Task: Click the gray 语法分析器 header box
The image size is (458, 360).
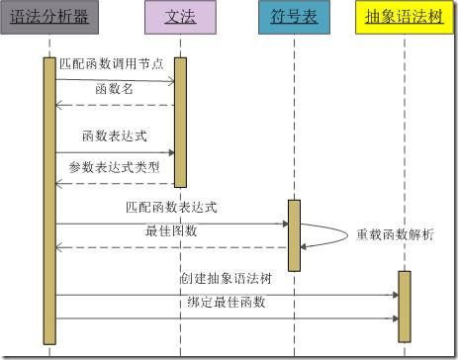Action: tap(49, 17)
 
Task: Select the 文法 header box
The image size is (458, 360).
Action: tap(178, 17)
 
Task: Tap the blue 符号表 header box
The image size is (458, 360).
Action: tap(293, 17)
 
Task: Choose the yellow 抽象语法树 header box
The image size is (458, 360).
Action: tap(403, 17)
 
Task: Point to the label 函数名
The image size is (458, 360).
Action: tap(113, 89)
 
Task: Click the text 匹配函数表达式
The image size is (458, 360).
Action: tap(172, 208)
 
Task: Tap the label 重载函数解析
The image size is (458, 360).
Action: tap(395, 234)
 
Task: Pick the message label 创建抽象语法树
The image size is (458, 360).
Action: tap(226, 279)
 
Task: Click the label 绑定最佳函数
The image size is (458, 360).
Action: tap(226, 302)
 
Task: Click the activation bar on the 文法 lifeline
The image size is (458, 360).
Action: tap(180, 121)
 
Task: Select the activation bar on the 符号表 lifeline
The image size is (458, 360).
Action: tap(294, 234)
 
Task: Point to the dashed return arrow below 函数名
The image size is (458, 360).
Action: tap(115, 104)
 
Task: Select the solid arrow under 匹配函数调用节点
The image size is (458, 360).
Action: tap(115, 79)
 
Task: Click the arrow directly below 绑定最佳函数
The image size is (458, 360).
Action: tap(226, 317)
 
